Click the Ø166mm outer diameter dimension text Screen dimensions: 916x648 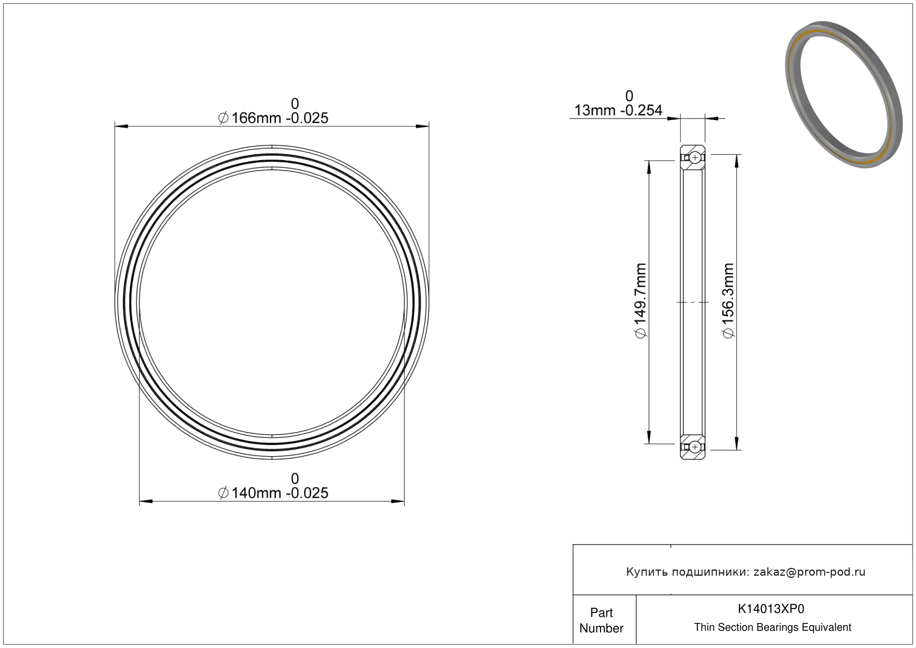pos(273,118)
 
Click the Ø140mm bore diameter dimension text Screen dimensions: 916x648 pos(273,493)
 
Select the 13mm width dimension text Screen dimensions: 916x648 pos(618,110)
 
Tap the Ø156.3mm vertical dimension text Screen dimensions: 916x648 pos(728,301)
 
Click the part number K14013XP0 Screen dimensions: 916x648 pos(771,609)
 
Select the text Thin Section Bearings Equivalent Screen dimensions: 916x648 pos(772,627)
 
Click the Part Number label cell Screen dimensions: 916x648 pos(601,620)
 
